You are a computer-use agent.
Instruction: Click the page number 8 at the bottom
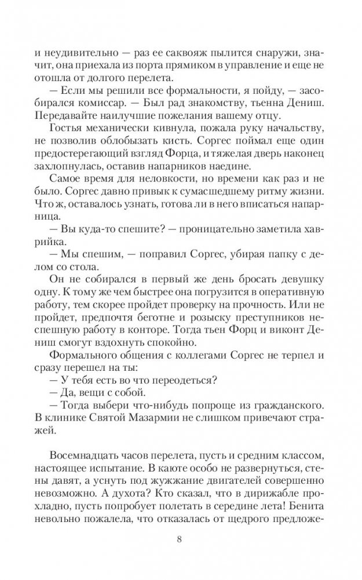[x=181, y=540]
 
